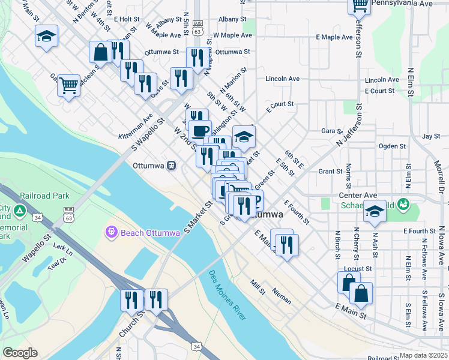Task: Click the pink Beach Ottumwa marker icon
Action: [110, 231]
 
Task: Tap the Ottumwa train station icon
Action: [171, 164]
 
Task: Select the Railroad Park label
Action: [44, 196]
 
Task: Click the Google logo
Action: [19, 353]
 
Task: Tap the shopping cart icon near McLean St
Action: [69, 85]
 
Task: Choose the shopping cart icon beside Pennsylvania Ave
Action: [359, 5]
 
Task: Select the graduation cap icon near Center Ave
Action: [375, 211]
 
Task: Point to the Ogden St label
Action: [393, 146]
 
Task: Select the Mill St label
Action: [258, 288]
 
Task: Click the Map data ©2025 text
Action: [423, 355]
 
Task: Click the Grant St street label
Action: [330, 172]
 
